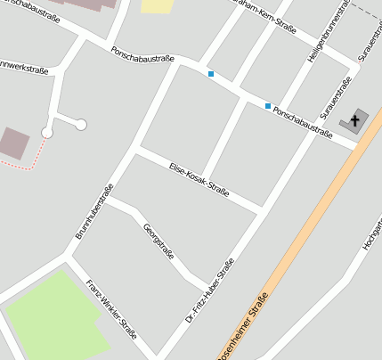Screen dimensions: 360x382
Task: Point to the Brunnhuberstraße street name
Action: (x=92, y=210)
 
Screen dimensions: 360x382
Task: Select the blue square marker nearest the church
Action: (x=268, y=106)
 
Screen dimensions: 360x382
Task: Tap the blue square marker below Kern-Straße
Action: (x=211, y=74)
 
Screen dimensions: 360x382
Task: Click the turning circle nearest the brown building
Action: (x=47, y=133)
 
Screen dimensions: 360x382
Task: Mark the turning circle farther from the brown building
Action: (x=81, y=125)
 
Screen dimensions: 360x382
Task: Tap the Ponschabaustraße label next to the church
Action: (x=303, y=123)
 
